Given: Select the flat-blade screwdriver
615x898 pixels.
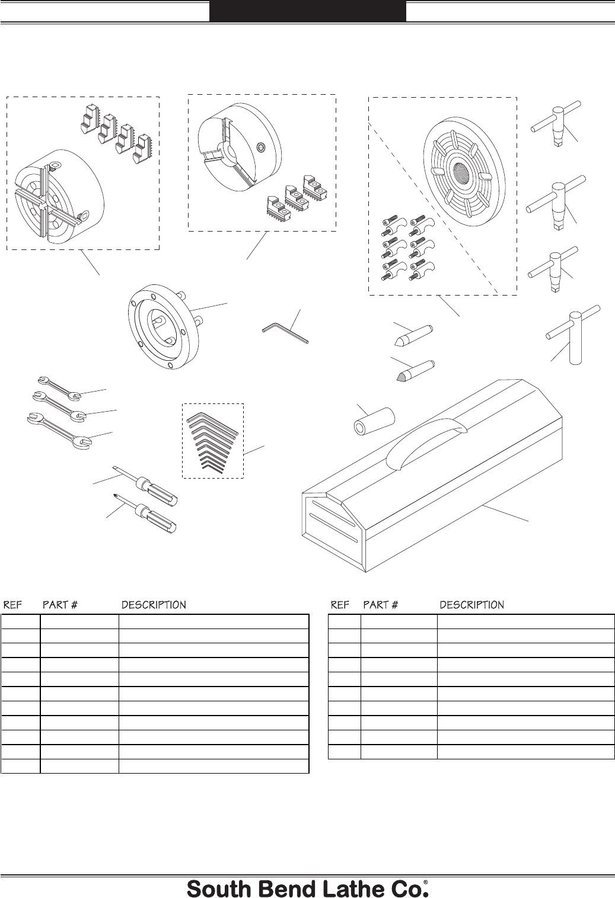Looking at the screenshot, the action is tap(145, 486).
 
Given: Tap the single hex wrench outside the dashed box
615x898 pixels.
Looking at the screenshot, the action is tap(285, 333).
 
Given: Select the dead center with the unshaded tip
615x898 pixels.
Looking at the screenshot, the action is tap(413, 335).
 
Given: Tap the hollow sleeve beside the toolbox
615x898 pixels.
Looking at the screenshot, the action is tap(374, 421).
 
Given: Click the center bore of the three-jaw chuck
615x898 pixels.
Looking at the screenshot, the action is tap(227, 152).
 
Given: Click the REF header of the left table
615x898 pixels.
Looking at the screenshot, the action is tap(13, 605).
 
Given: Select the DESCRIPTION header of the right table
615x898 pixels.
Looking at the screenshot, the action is tap(471, 605).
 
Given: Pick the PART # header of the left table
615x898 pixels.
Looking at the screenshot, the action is tap(60, 605).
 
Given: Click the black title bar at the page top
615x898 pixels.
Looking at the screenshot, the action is tap(307, 11).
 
